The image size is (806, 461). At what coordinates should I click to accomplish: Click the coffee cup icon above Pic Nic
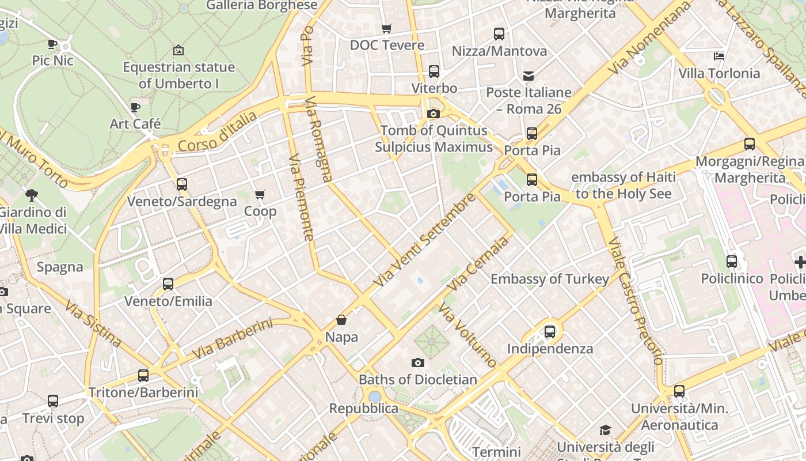click(52, 44)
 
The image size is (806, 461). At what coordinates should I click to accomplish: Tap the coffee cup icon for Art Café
click(135, 107)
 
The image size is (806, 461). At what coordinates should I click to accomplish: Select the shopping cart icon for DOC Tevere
click(387, 28)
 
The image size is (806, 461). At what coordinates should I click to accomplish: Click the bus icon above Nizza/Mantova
click(499, 34)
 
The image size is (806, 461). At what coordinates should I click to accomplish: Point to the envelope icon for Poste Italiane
click(529, 75)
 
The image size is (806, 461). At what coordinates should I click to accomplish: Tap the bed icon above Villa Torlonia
click(719, 56)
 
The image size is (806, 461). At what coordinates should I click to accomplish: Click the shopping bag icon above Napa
click(341, 320)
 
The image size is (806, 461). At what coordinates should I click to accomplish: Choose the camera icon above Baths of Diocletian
click(418, 362)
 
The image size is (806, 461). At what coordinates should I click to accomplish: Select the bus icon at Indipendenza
click(550, 332)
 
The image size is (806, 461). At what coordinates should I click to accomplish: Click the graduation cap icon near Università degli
click(605, 430)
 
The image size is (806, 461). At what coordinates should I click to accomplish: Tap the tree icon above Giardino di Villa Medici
click(32, 195)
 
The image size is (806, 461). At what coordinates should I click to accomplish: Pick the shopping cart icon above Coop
click(260, 195)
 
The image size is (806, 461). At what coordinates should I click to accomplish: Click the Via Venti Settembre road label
click(425, 240)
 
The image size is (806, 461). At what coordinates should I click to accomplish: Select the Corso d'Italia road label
click(218, 132)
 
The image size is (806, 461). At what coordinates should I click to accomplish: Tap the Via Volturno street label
click(467, 335)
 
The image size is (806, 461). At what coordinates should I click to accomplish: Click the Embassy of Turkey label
click(550, 279)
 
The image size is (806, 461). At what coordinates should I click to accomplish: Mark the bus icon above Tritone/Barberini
click(143, 376)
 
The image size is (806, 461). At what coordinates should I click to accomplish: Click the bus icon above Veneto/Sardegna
click(182, 184)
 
